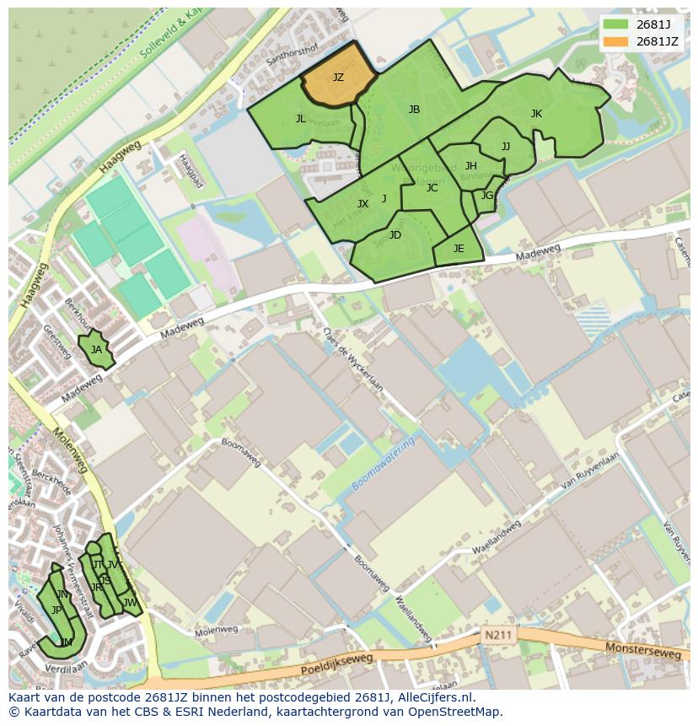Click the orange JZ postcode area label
[338, 78]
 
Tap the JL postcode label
[301, 119]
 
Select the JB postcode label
[414, 110]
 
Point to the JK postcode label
[536, 114]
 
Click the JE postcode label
[459, 249]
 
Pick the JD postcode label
[395, 235]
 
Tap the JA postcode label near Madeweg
[96, 350]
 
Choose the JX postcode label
[362, 204]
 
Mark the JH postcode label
[471, 166]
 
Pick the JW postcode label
[130, 603]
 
